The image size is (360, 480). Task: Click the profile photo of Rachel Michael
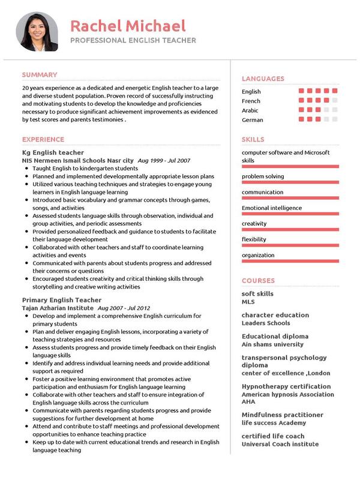coord(37,32)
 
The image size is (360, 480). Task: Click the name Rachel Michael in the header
coord(128,26)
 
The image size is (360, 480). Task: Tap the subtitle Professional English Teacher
coord(133,40)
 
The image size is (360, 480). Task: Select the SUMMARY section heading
coord(40,75)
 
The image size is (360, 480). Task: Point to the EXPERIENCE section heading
coord(43,139)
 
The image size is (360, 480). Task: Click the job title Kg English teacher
coord(53,152)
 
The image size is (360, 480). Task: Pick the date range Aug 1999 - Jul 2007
coord(164,161)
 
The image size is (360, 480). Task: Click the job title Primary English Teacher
coord(62,299)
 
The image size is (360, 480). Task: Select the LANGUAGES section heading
coord(263,79)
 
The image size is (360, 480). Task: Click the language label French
coord(251,101)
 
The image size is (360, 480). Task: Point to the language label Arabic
coord(250,110)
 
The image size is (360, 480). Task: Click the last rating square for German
coord(335,120)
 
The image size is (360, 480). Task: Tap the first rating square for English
coord(301,91)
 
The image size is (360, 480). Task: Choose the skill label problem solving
coord(263,176)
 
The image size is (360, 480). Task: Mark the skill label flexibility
coord(254,239)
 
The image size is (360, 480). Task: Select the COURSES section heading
coord(258,280)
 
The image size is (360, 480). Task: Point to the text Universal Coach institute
coord(280,444)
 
